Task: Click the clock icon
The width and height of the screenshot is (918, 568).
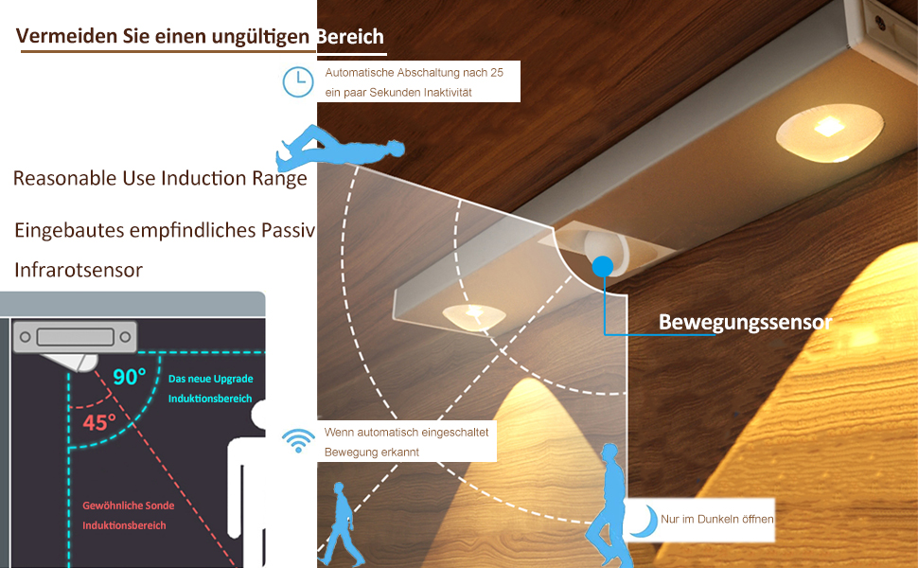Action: pos(298,81)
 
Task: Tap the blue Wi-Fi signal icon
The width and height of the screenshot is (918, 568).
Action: pos(299,440)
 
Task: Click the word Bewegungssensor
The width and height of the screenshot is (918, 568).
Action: pos(746,323)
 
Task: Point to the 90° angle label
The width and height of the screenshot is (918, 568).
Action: pos(129,376)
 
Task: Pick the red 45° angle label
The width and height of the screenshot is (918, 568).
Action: pos(98,421)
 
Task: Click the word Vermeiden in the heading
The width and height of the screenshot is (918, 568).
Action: pos(57,37)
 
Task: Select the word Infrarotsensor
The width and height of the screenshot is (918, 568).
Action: pos(79,270)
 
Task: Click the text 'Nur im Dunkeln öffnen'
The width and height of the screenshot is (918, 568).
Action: pos(717,519)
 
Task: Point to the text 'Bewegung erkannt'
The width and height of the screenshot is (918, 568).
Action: pos(372,453)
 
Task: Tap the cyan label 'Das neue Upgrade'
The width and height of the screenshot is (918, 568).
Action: pos(210,379)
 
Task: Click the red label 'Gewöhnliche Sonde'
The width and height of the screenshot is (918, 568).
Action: pos(128,506)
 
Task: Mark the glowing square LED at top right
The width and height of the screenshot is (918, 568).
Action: pos(827,125)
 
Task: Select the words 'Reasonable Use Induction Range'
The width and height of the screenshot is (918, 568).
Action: pos(160,178)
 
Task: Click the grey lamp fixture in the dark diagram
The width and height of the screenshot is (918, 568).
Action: pos(73,336)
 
